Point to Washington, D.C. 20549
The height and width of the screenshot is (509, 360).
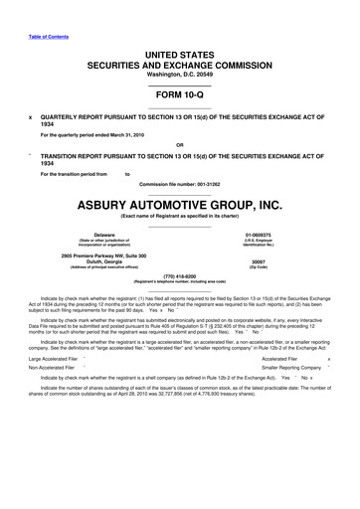179,74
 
